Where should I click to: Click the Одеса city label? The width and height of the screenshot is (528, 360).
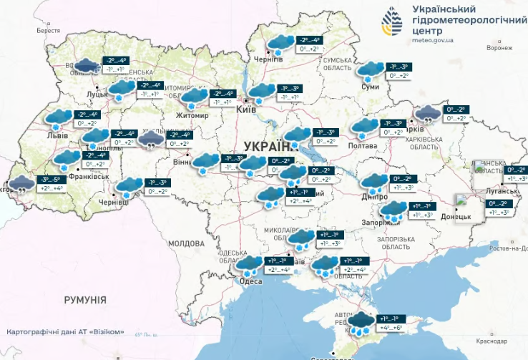pos(250,281)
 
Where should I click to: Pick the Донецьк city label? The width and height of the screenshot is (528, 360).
pos(455,215)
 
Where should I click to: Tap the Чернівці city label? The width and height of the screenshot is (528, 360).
pos(114,203)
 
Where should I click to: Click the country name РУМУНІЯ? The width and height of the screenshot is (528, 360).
pos(84,300)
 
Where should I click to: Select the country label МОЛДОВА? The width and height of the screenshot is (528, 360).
pos(187,243)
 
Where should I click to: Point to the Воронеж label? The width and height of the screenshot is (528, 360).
pos(499,49)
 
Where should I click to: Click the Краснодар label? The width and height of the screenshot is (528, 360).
pos(504,342)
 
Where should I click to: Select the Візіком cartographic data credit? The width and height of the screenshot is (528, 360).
pos(70,332)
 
